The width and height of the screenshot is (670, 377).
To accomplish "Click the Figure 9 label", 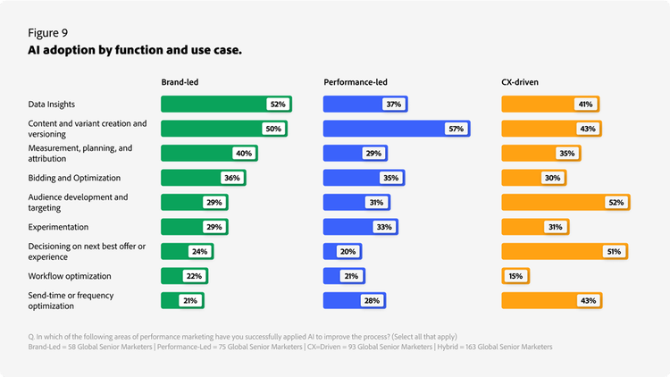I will pos(50,32).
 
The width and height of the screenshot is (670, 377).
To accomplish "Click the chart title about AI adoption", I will pos(135,50).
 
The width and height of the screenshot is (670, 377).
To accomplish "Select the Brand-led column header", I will pos(180,82).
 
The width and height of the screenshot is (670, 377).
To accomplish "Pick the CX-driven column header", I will pos(520,82).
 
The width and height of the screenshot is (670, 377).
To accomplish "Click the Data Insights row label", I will pos(52,105).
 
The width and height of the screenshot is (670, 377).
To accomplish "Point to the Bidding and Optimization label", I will pos(74,178).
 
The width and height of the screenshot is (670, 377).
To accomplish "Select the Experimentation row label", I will pos(59,227).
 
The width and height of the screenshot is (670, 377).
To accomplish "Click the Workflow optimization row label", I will pos(70,276).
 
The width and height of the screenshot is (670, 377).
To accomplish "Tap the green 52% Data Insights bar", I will pos(214,105).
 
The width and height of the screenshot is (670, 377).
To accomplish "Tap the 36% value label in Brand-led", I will pos(231,178).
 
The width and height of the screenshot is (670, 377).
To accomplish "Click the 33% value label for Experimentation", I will pos(385,227).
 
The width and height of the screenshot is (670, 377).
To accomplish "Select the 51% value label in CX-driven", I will pos(613,252).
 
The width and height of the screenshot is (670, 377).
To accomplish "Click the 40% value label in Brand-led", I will pos(244,154).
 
